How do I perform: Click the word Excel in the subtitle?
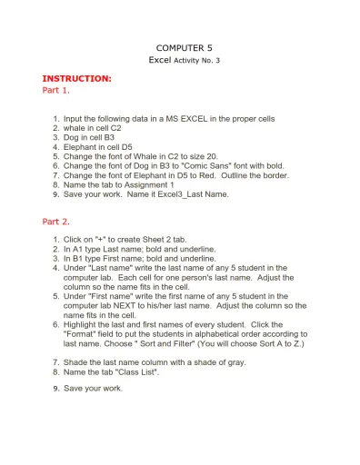159,59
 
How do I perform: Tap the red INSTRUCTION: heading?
77,79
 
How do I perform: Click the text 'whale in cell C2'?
92,129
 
